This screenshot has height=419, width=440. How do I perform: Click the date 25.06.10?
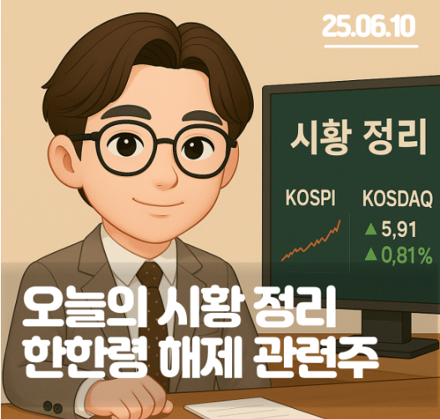[368, 26]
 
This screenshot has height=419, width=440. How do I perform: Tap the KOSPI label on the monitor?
[311, 198]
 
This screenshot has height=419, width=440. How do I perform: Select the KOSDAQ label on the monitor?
[397, 199]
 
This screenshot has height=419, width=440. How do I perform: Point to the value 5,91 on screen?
[398, 230]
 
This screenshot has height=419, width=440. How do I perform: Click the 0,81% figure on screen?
[407, 255]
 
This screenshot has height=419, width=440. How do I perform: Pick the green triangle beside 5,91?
[371, 229]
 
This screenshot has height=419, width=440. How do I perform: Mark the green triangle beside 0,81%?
[371, 255]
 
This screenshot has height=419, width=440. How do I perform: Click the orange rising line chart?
[311, 240]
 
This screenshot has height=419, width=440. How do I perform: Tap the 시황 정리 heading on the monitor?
[358, 137]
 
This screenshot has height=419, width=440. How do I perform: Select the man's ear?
[65, 157]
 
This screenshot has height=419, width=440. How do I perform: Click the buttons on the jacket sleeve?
[53, 406]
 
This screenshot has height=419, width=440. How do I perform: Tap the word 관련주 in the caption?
[316, 357]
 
